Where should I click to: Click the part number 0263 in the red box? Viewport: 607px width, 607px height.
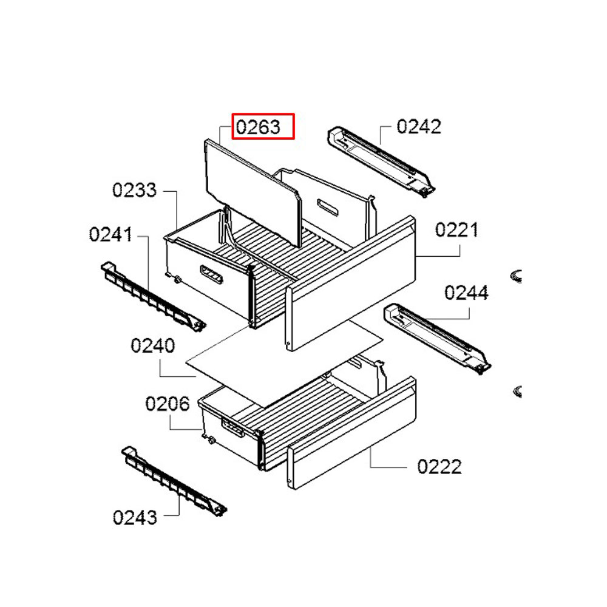258,127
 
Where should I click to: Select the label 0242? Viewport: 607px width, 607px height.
419,127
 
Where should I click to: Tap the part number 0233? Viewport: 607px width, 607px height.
134,190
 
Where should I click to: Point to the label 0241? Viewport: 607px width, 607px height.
110,234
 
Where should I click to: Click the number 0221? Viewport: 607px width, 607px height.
457,230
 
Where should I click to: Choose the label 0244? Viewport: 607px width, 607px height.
466,293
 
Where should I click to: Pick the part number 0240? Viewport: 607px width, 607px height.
153,345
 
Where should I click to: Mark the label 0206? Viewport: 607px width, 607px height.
168,404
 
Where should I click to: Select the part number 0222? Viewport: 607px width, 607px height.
439,467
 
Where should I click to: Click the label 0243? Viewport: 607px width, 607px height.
135,518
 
